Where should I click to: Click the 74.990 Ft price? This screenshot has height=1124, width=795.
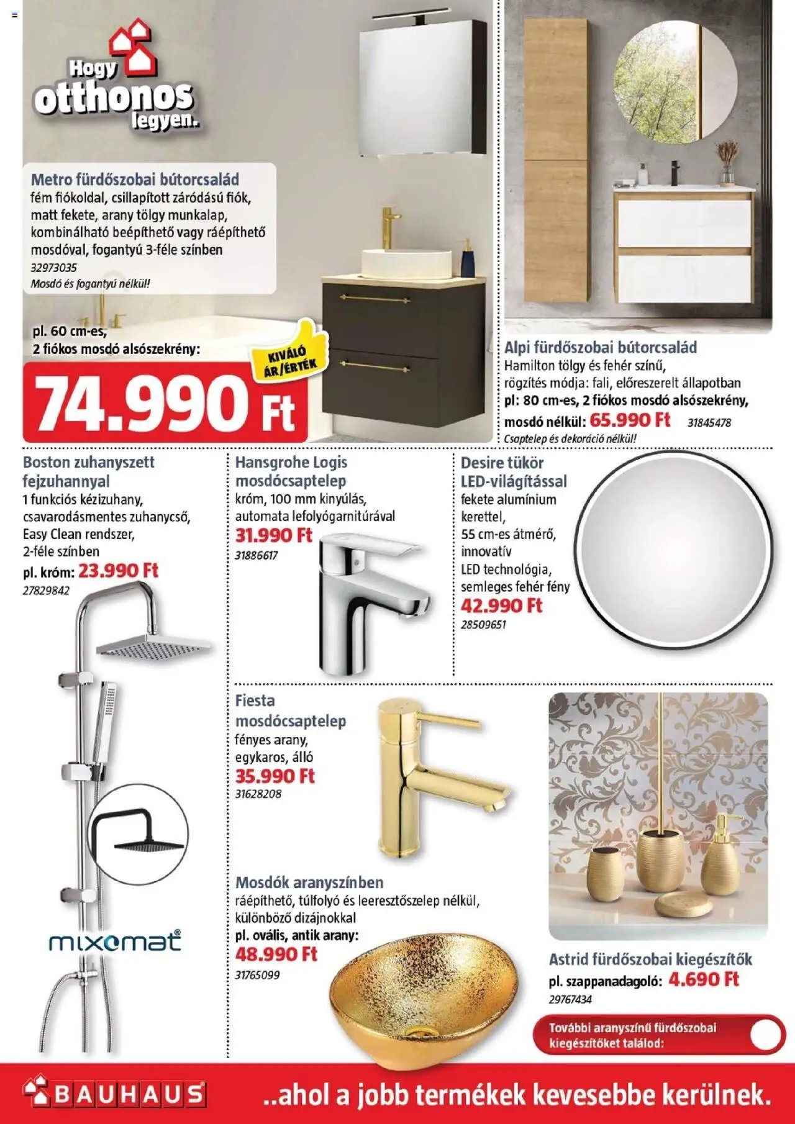[165, 404]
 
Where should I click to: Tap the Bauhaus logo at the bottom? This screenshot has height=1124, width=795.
[115, 1094]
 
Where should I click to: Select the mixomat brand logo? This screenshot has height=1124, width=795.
[115, 941]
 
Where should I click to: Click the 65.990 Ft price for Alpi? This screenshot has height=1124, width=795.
[630, 420]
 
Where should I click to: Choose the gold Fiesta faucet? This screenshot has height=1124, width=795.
[435, 776]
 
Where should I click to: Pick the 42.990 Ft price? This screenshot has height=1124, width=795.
[501, 605]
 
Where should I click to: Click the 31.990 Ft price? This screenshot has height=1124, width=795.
[273, 535]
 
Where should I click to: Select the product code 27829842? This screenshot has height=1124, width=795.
[46, 591]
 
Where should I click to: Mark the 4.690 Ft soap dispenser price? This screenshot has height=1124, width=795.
[704, 979]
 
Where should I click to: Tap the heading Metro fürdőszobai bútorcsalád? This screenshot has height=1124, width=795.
[135, 180]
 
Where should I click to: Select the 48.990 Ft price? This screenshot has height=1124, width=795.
[276, 954]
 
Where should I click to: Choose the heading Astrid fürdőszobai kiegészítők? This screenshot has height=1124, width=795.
[650, 959]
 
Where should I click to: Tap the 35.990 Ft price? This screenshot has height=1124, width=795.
[275, 776]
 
